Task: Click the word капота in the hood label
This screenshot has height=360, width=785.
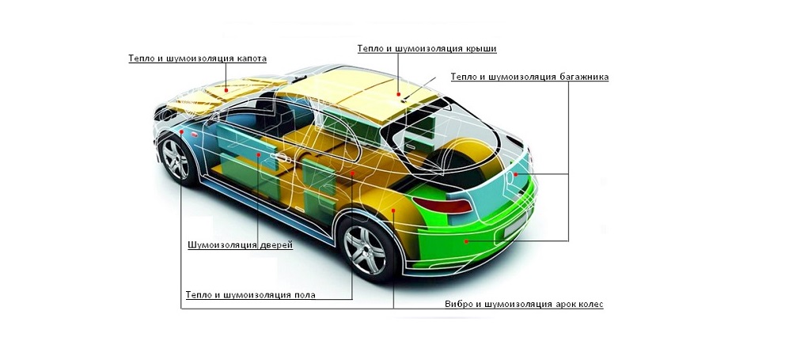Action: tap(251, 59)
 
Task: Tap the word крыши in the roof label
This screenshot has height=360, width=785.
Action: tap(482, 48)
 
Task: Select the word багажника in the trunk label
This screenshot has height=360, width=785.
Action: tap(583, 77)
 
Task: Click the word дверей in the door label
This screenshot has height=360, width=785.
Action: tap(276, 245)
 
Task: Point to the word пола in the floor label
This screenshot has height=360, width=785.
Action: tap(304, 295)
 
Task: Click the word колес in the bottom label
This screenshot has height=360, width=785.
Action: tap(591, 305)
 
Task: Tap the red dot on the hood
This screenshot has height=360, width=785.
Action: tap(226, 91)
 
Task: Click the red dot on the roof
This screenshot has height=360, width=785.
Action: tap(399, 93)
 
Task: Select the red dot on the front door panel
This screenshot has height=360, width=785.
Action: tap(258, 155)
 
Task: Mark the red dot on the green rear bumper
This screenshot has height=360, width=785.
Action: tap(466, 241)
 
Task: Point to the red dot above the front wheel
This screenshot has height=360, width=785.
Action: tap(181, 131)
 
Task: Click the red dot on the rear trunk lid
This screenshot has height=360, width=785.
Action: tap(515, 174)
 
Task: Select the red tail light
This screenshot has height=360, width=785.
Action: tap(442, 205)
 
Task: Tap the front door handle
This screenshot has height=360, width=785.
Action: tap(281, 157)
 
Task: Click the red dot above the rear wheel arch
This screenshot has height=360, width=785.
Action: tap(393, 210)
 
